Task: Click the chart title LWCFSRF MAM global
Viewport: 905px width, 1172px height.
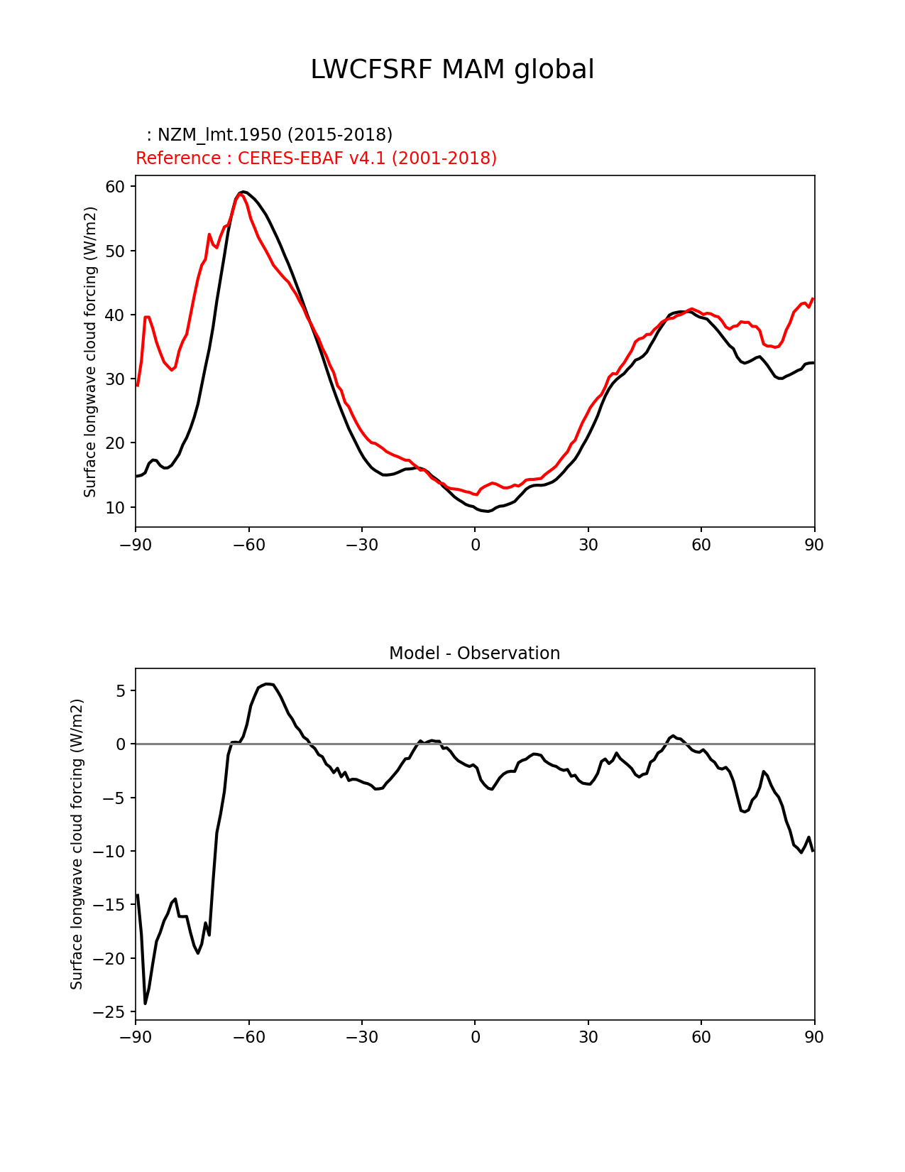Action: click(x=452, y=70)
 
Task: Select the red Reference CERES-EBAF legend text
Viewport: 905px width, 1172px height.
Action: click(x=316, y=158)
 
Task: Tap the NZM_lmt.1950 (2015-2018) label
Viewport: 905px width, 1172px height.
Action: click(x=269, y=135)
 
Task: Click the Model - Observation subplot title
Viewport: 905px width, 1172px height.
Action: click(x=474, y=653)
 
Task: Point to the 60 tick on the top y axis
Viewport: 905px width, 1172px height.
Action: click(x=116, y=187)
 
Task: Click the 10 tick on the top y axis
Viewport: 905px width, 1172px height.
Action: click(x=116, y=507)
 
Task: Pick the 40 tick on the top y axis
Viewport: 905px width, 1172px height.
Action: click(x=116, y=315)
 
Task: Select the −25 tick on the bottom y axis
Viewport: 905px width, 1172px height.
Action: click(x=111, y=1011)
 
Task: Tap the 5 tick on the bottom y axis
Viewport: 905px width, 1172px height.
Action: click(x=121, y=690)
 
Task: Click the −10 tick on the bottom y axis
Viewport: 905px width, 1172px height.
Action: click(x=111, y=851)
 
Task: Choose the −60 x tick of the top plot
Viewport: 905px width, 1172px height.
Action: click(x=248, y=545)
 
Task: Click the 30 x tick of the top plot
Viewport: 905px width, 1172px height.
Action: click(x=588, y=545)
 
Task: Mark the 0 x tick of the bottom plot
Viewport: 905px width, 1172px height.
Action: click(x=475, y=1037)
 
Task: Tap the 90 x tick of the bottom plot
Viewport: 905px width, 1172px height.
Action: click(x=814, y=1037)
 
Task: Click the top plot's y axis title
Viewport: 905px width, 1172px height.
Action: click(x=90, y=352)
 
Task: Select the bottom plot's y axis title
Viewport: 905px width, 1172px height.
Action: click(x=77, y=844)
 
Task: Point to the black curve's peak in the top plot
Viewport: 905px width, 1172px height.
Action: click(x=243, y=192)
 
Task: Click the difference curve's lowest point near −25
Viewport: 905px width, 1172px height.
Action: click(x=146, y=1004)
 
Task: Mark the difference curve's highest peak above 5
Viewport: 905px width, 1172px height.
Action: click(x=267, y=684)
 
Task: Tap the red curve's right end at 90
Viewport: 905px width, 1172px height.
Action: click(x=813, y=299)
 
